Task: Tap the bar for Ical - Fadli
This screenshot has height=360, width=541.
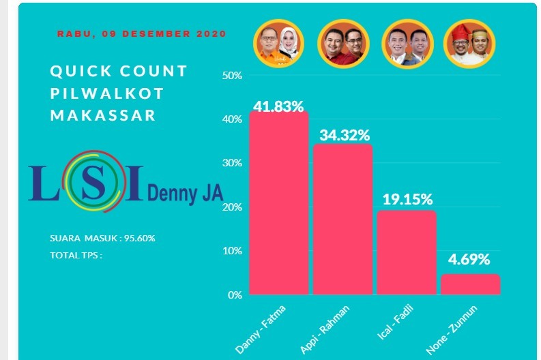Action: (407, 252)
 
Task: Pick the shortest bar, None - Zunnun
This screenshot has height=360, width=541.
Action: (470, 284)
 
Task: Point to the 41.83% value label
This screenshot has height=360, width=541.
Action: (278, 106)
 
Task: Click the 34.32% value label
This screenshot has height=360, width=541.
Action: (343, 135)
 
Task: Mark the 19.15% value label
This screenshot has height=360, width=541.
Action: (407, 199)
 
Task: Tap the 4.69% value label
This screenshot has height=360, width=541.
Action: (469, 260)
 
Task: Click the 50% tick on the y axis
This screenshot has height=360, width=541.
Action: (233, 75)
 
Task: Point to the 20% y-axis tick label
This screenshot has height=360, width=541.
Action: (233, 207)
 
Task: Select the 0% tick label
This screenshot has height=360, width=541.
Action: (235, 295)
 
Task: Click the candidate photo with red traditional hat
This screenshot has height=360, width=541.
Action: (469, 42)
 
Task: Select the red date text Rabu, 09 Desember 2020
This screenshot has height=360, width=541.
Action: (141, 33)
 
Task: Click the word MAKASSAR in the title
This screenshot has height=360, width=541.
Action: (103, 115)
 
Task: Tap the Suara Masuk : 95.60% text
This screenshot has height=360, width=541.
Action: (103, 238)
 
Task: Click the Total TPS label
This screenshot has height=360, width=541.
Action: (76, 256)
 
